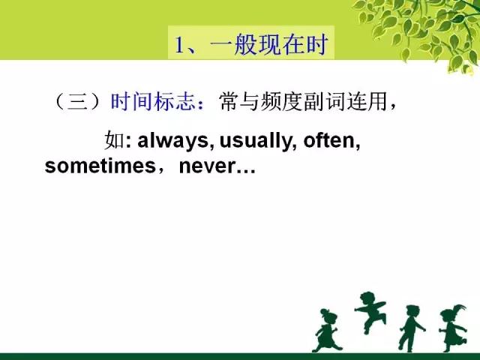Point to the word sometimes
tap(100, 166)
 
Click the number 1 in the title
tap(179, 45)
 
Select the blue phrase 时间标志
tap(153, 101)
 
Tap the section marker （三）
tap(77, 101)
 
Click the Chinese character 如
tap(115, 140)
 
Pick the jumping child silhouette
tap(370, 312)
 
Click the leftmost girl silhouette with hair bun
tap(326, 330)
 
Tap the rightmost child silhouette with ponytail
tap(453, 328)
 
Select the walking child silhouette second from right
tap(411, 328)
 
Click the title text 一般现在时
tap(268, 45)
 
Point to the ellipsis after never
tap(246, 172)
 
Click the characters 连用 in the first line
tap(367, 101)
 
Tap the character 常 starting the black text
tap(229, 101)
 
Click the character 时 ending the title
tap(318, 45)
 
